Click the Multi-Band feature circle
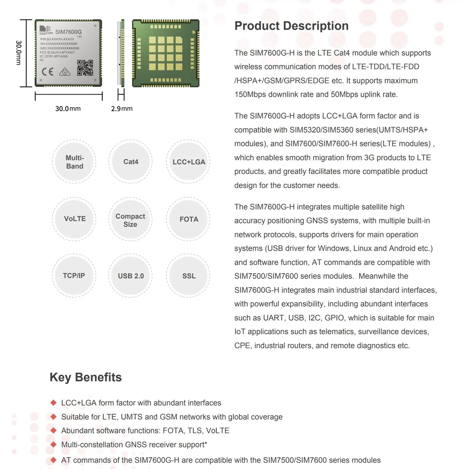[74, 162]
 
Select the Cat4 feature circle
[131, 162]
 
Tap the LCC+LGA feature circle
[188, 162]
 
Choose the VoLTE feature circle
[74, 219]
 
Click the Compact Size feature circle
[131, 220]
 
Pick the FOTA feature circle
[188, 219]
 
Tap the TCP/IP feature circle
[74, 276]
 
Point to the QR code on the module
[85, 68]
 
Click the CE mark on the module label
[48, 72]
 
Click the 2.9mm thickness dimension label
[122, 109]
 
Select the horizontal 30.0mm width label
[68, 109]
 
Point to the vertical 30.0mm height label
[18, 53]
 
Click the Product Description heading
[291, 26]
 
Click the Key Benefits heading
[86, 377]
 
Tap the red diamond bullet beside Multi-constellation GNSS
[54, 445]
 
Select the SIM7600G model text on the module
[68, 32]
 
